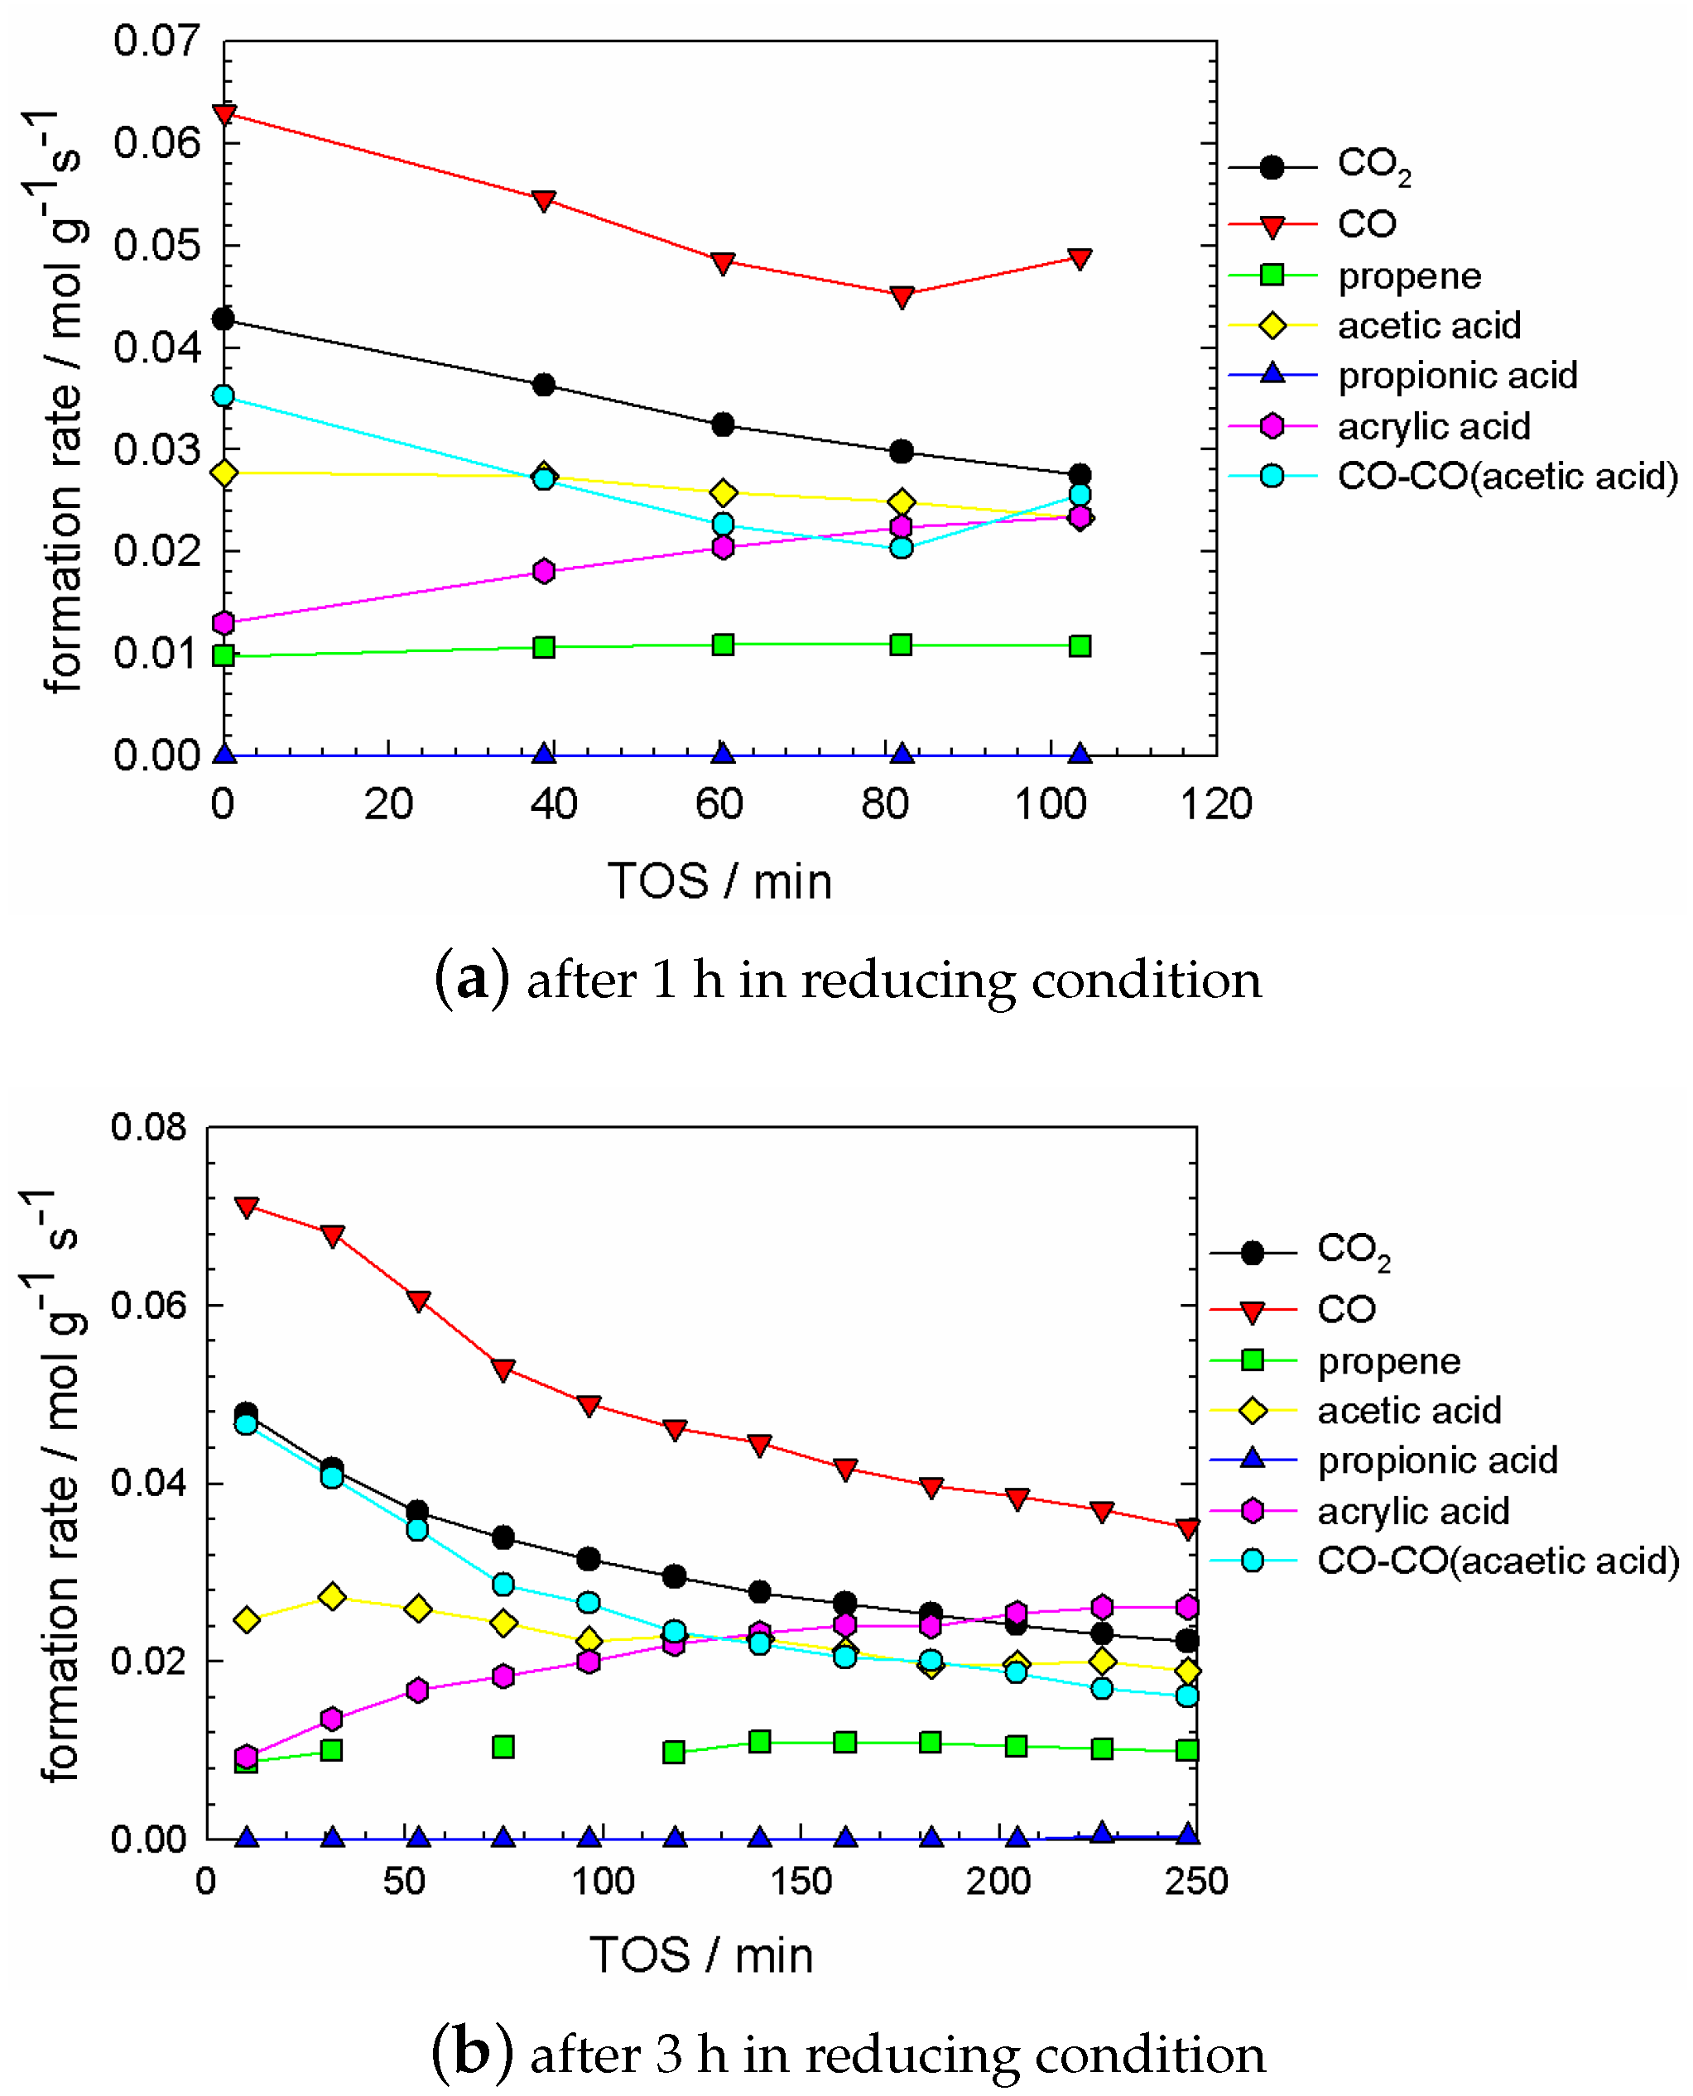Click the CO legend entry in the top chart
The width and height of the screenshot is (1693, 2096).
1365,225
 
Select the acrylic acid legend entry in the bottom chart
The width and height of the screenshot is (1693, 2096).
1412,1511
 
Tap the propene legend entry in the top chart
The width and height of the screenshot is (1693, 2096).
1408,276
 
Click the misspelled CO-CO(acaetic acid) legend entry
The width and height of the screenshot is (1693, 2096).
1497,1561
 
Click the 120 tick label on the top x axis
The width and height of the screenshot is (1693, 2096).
1215,804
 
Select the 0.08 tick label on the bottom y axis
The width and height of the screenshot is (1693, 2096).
147,1127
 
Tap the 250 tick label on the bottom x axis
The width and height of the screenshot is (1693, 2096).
1195,1881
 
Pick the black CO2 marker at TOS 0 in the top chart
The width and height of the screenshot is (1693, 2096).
224,319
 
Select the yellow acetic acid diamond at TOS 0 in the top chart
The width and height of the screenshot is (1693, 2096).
224,472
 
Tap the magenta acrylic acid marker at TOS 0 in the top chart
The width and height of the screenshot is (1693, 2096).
224,623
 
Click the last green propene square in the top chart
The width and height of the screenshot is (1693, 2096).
1080,646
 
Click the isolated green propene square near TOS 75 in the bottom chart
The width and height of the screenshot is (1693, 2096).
503,1747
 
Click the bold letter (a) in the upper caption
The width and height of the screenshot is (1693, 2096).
471,979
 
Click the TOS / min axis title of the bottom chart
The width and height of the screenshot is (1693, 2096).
700,1955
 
